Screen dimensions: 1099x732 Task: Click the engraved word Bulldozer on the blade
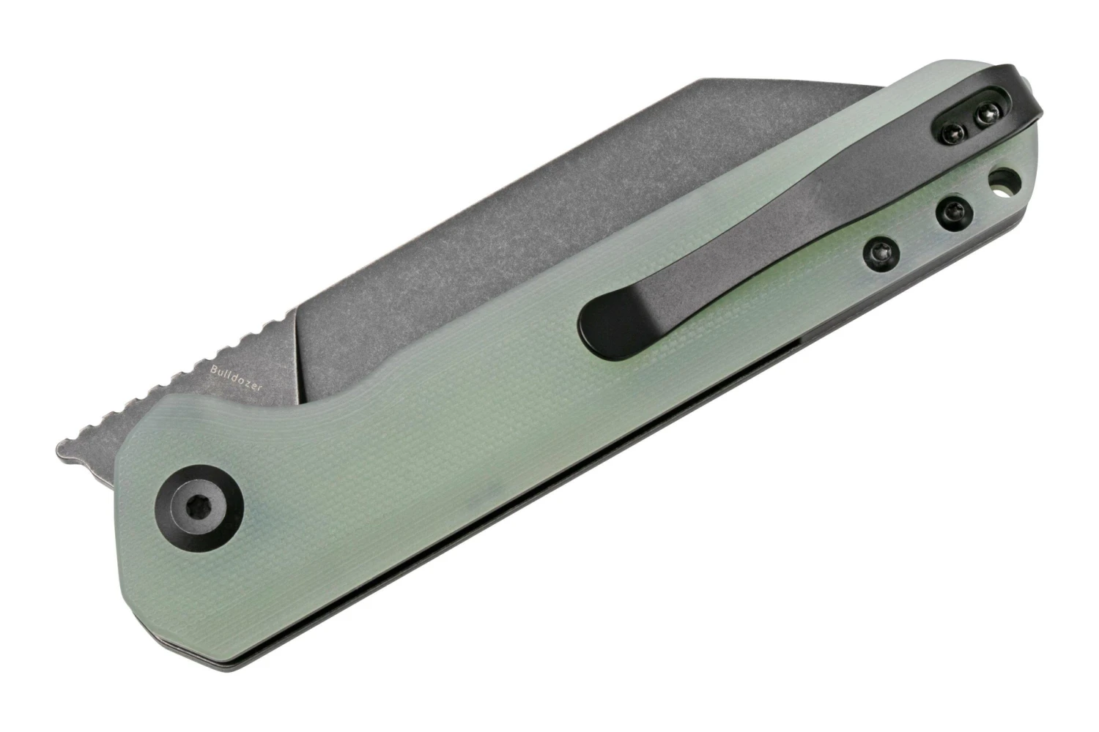[x=236, y=378]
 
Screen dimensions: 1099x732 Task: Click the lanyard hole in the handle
[x=1004, y=182]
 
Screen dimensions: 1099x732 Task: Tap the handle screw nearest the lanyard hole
[x=954, y=213]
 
